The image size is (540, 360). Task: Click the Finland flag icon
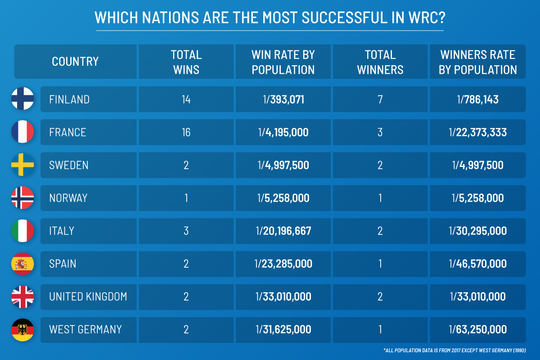pos(22,99)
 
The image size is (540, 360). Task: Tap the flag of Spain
pos(22,264)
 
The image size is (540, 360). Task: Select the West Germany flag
pos(22,329)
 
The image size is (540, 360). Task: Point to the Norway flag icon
pos(22,198)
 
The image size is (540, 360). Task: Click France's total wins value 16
pos(186,132)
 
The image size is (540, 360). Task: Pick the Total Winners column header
pos(380,62)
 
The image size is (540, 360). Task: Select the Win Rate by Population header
pos(283,62)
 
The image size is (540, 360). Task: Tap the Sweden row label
pos(69,165)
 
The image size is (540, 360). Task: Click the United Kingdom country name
pos(88,297)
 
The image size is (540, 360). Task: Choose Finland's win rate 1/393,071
pos(283,99)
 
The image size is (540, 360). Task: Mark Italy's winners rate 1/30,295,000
pos(478,231)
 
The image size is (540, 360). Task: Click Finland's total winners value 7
pos(380,99)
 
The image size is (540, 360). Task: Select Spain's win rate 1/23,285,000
pos(283,264)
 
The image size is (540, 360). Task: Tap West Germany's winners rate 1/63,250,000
pos(478,329)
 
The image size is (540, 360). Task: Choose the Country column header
pos(75,62)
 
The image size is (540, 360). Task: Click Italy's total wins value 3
pos(186,231)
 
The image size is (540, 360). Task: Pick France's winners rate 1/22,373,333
pos(478,132)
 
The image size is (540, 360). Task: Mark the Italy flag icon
pos(22,231)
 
